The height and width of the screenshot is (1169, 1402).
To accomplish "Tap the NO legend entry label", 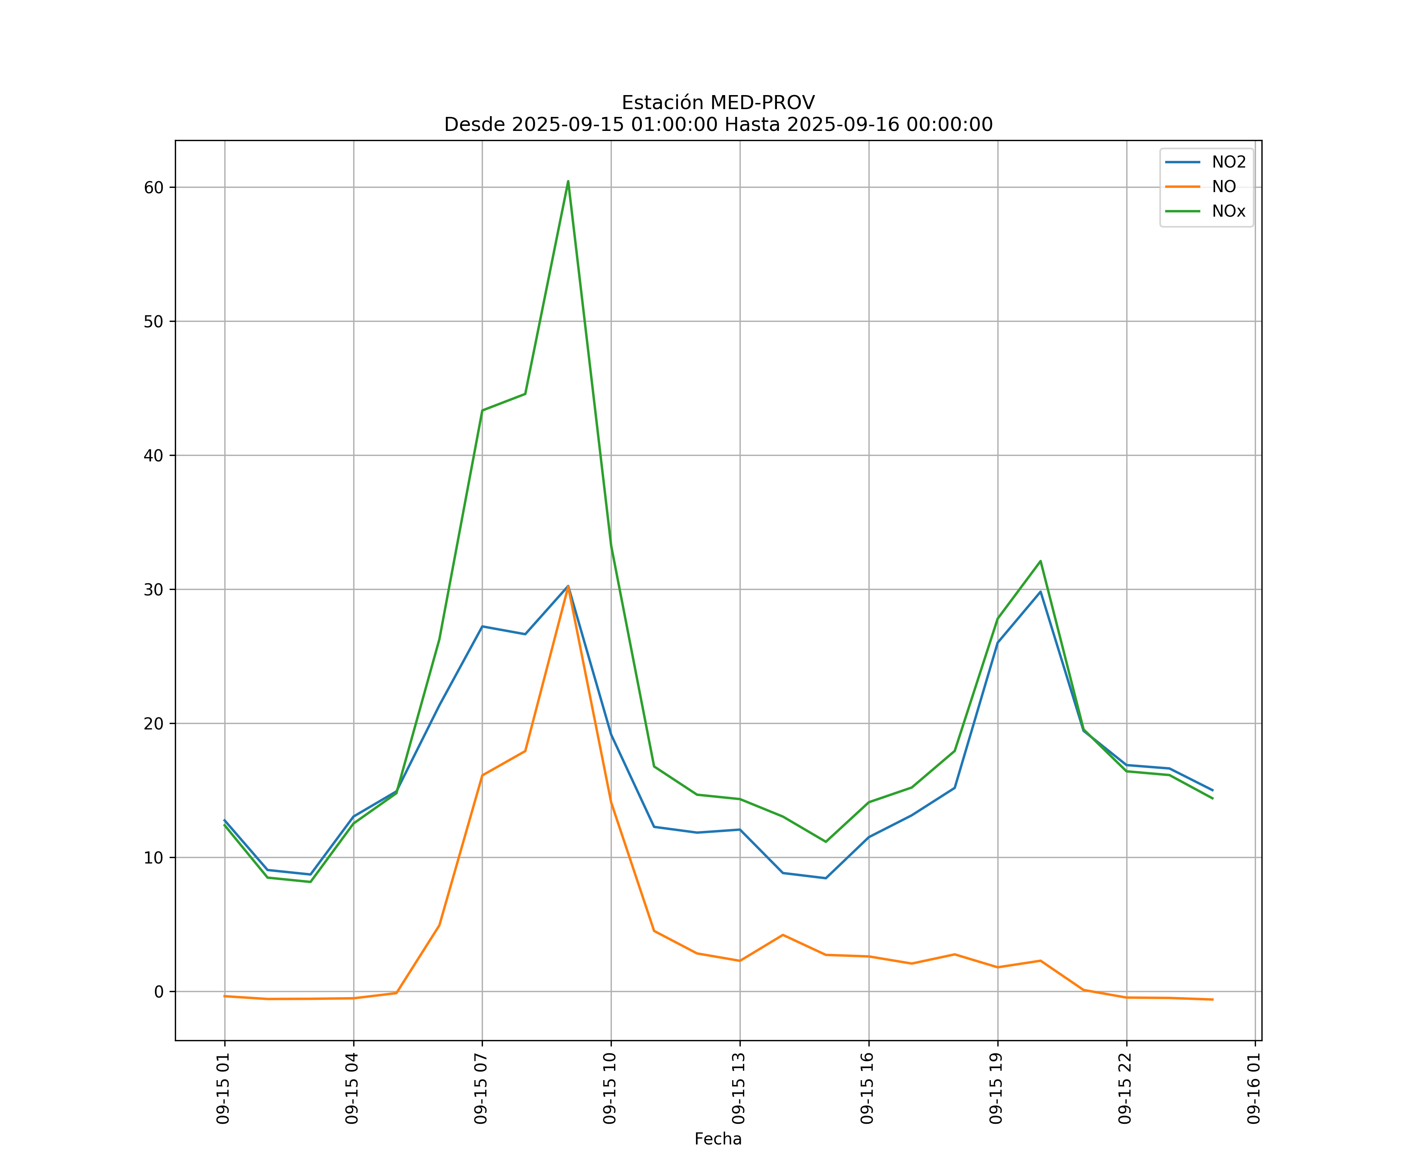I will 1224,187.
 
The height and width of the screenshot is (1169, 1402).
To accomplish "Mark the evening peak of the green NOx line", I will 1040,561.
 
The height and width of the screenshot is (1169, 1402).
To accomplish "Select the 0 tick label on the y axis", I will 159,992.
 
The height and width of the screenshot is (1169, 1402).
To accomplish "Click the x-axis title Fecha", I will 718,1139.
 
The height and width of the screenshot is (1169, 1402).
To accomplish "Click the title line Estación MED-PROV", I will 718,103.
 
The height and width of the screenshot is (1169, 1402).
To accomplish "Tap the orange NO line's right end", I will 1212,999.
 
